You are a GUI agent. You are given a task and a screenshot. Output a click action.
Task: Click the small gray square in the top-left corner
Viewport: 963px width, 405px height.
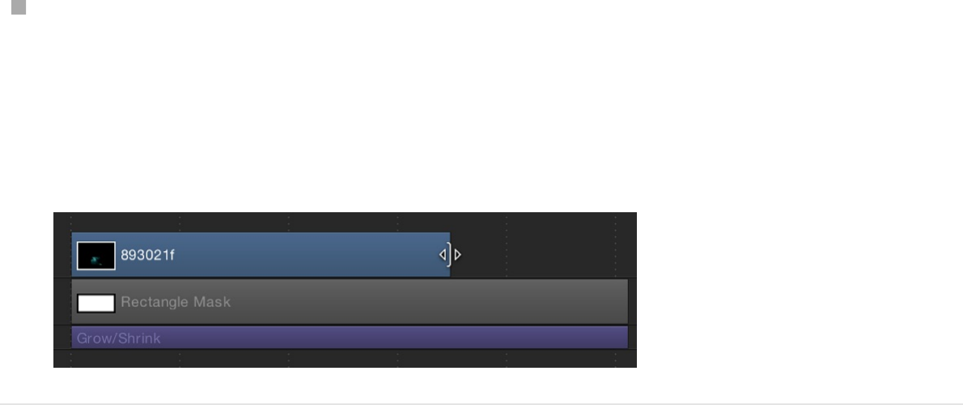pos(19,7)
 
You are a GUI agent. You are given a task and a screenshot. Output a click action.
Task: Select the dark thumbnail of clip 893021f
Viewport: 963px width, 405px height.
pos(95,255)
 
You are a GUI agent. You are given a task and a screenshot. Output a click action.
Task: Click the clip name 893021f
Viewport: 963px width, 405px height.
pos(147,255)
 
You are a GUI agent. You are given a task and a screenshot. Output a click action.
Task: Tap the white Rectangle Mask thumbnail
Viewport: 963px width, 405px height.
pos(95,303)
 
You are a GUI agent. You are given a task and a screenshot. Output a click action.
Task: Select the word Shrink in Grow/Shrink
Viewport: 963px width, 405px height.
pos(139,338)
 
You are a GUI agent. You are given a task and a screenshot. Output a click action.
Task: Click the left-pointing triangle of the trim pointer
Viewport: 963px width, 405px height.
pos(443,254)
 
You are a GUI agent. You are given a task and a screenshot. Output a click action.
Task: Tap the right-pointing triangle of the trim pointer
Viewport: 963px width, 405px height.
pos(458,254)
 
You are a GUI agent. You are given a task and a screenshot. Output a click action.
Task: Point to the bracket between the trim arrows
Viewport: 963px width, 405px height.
pos(450,254)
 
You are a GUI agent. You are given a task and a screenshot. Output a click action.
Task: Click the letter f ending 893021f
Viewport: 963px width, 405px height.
pos(172,255)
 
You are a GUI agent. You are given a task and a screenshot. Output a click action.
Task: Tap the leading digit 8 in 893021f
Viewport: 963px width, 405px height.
pos(125,255)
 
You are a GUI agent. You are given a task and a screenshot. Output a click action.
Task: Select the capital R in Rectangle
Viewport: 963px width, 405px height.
pos(125,302)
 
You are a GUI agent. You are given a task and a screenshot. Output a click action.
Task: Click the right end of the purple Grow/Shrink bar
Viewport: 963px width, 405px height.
pos(625,338)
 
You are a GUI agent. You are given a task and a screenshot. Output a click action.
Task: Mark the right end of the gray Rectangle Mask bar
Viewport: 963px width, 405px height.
pos(625,302)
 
